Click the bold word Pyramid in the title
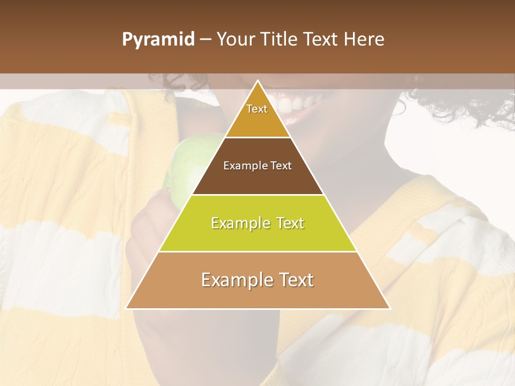158,40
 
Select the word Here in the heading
364,40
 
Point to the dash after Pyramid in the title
205,40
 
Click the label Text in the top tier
257,109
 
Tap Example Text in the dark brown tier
257,166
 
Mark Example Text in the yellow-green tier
257,223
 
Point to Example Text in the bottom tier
257,280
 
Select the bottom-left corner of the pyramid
127,308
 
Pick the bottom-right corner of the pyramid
389,308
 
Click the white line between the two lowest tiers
257,252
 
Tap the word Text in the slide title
321,40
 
